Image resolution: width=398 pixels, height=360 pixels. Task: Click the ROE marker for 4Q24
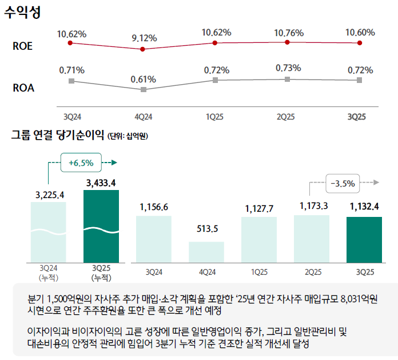pos(143,49)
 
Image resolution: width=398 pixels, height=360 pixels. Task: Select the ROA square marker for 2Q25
pos(287,79)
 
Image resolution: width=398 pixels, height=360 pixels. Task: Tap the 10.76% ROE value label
pos(288,33)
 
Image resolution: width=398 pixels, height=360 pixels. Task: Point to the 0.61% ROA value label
pos(144,79)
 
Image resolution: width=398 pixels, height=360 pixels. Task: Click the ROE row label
pos(22,46)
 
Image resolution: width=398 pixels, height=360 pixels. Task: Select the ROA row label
pos(23,88)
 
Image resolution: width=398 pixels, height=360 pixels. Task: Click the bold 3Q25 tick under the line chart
pos(357,117)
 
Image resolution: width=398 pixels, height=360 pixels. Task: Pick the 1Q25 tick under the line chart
pos(214,117)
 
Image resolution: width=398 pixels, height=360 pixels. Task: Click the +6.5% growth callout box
pos(81,163)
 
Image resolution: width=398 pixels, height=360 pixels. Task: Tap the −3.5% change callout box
pos(343,184)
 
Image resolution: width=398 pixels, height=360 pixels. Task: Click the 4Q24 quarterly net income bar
pos(206,252)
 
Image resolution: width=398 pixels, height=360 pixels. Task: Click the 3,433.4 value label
pos(101,183)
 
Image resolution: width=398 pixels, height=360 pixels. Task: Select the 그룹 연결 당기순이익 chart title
pos(57,136)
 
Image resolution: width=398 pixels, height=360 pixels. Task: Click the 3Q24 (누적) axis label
pos(49,273)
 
